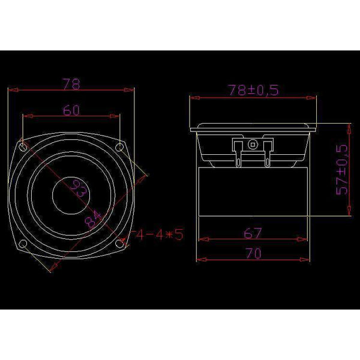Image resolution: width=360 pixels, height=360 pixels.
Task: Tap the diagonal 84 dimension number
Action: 93,218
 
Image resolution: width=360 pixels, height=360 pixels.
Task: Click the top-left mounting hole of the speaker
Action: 23,146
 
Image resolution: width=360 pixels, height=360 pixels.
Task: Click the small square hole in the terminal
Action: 254,144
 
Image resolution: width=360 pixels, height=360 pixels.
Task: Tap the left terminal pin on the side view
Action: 240,155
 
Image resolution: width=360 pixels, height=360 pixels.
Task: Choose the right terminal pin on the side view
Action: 268,155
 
